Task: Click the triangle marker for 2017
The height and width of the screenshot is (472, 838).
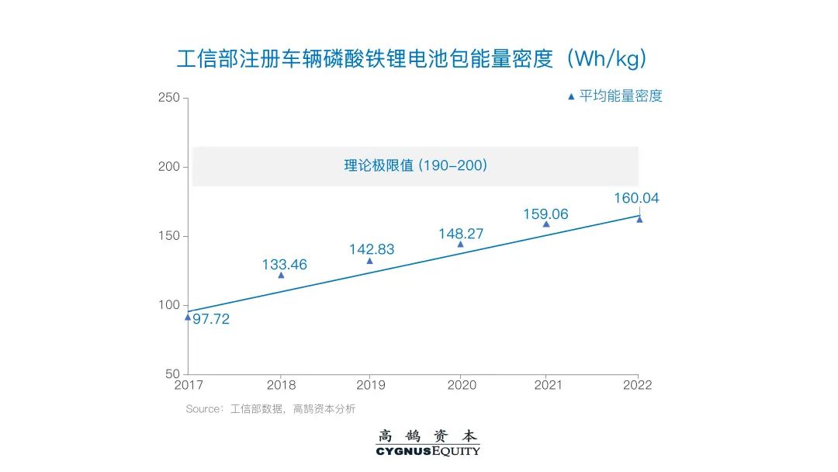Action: click(x=188, y=317)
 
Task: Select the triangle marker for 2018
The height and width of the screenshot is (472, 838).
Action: click(x=281, y=275)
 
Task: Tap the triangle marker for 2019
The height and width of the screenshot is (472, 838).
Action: click(x=369, y=261)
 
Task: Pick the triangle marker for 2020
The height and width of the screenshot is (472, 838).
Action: click(x=460, y=244)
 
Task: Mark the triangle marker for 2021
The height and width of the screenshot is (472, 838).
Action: click(x=546, y=224)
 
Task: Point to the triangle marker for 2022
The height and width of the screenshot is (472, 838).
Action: click(x=639, y=219)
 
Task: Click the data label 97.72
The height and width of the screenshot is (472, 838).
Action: click(x=211, y=319)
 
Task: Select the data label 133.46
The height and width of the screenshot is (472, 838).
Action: click(x=284, y=265)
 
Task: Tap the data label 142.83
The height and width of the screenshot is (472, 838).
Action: click(x=372, y=249)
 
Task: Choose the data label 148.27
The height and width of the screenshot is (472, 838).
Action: click(x=461, y=232)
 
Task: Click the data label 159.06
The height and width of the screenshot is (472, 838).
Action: click(x=545, y=214)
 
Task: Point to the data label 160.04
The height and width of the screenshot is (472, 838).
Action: click(x=636, y=198)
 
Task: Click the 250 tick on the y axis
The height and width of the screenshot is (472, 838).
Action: click(x=168, y=98)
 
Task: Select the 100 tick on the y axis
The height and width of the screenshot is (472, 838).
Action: click(x=168, y=305)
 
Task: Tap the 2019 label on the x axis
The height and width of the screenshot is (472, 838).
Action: click(x=369, y=385)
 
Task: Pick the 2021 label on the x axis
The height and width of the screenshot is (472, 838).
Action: click(x=548, y=385)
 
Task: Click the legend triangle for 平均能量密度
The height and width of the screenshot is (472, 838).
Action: click(x=571, y=97)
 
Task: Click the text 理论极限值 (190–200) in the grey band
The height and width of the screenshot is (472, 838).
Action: click(x=415, y=165)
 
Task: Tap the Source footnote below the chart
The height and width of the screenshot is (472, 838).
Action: click(x=270, y=409)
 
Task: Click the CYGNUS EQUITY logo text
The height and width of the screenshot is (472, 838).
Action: click(x=428, y=451)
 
